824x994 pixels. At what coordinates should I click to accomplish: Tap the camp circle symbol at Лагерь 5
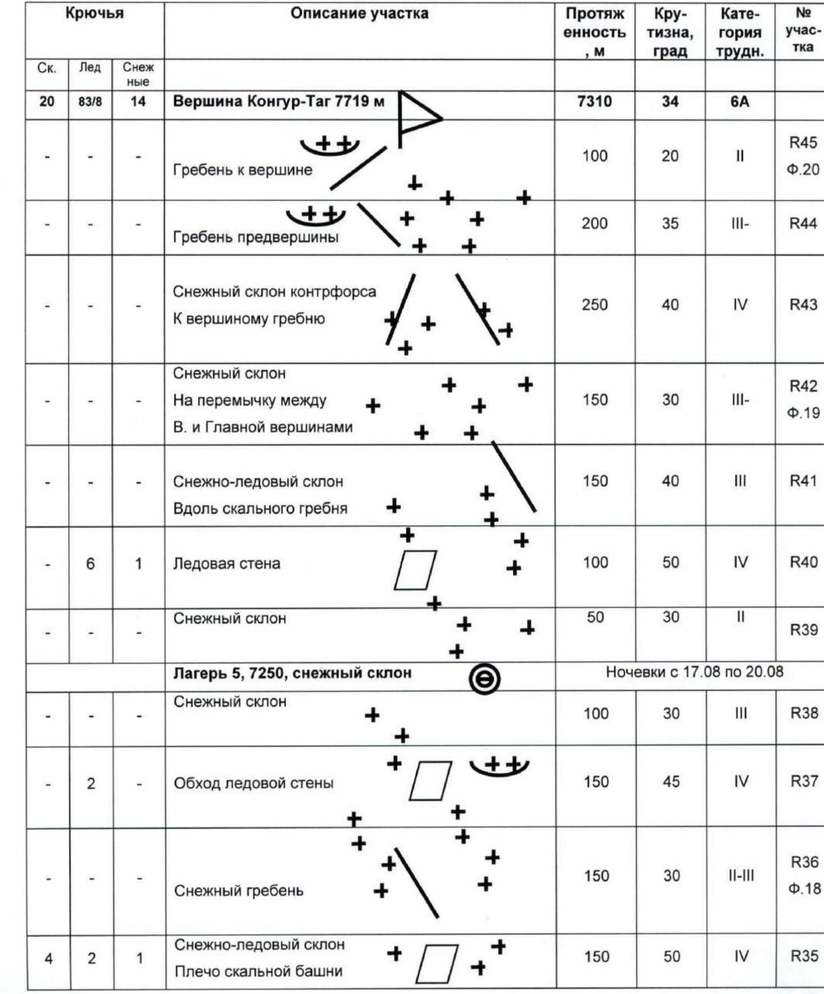(x=484, y=679)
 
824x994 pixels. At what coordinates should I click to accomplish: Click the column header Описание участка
(x=359, y=14)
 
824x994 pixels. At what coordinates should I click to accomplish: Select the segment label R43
(x=803, y=305)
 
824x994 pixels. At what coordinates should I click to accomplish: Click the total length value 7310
(x=594, y=102)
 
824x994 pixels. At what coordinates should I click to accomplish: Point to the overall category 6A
(x=740, y=102)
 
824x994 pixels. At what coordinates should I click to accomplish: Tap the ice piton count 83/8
(x=89, y=102)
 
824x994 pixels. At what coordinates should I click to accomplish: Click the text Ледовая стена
(x=226, y=564)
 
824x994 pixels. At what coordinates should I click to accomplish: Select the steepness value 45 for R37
(x=671, y=782)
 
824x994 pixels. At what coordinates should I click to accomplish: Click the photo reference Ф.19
(x=803, y=414)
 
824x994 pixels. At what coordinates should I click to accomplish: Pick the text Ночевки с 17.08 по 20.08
(x=694, y=672)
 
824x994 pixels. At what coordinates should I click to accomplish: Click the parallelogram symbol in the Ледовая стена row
(x=415, y=570)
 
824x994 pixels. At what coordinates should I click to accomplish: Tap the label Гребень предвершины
(x=255, y=238)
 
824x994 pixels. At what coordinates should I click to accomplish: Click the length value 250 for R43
(x=594, y=305)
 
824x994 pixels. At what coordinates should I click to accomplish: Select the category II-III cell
(x=740, y=876)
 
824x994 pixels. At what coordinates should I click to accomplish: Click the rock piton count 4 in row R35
(x=49, y=959)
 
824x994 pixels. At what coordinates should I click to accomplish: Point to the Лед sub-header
(x=89, y=68)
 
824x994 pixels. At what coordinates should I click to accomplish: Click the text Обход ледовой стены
(x=254, y=783)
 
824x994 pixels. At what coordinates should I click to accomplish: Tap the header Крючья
(x=94, y=14)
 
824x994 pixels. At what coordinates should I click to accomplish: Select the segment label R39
(x=803, y=630)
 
